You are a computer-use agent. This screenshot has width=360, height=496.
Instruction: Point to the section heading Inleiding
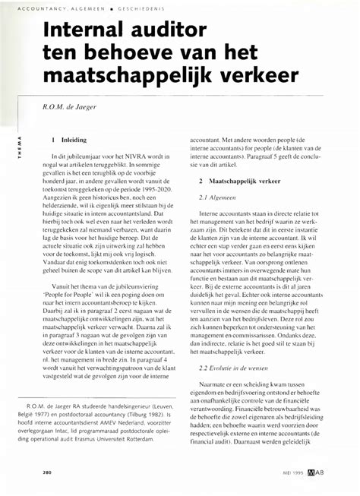(73, 141)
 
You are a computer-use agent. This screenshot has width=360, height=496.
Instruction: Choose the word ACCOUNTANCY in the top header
(36, 9)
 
